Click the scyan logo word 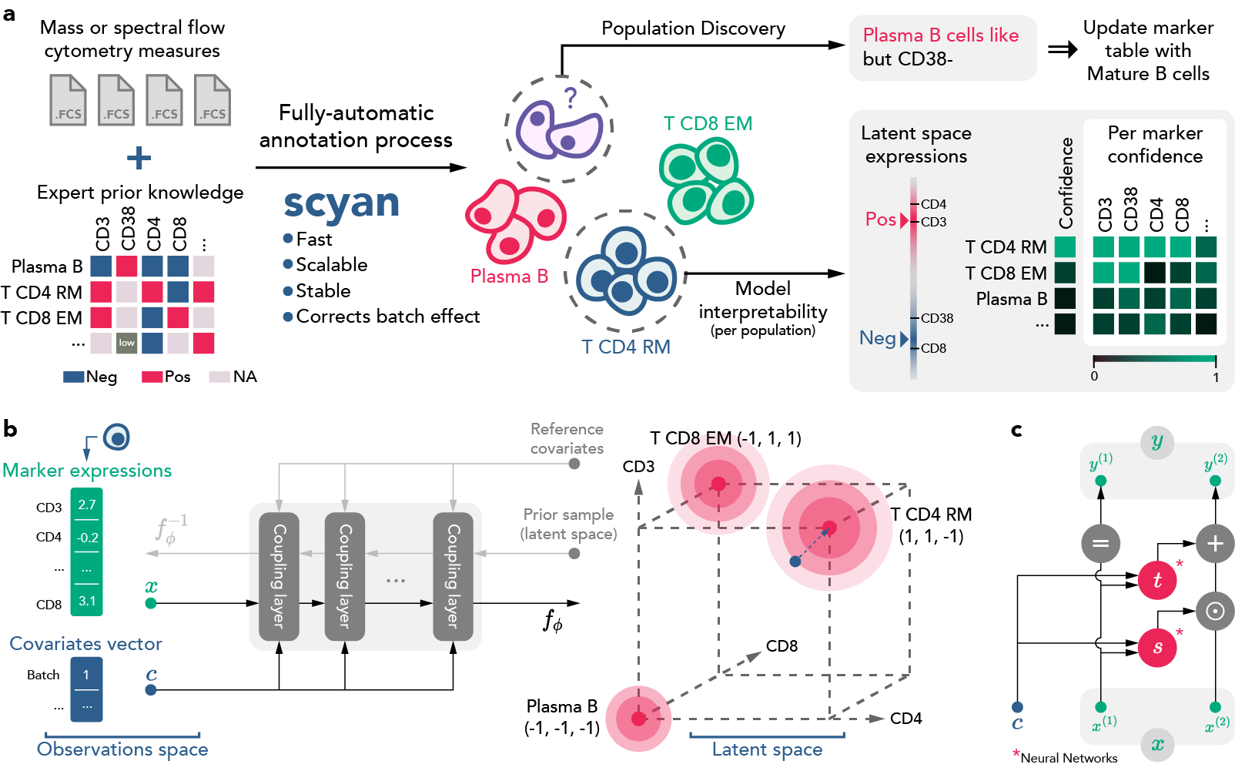pyautogui.click(x=341, y=203)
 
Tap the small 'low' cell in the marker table pyautogui.click(x=126, y=343)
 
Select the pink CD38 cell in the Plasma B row pyautogui.click(x=126, y=266)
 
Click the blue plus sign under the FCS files pyautogui.click(x=139, y=158)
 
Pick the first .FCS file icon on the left pyautogui.click(x=68, y=100)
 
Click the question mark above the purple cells pyautogui.click(x=570, y=98)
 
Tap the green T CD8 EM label pyautogui.click(x=708, y=123)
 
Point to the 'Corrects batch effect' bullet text pyautogui.click(x=387, y=317)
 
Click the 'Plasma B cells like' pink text pyautogui.click(x=940, y=35)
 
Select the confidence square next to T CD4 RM pyautogui.click(x=1065, y=246)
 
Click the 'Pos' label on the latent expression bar pyautogui.click(x=880, y=220)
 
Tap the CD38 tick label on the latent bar pyautogui.click(x=936, y=318)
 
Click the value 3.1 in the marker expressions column pyautogui.click(x=86, y=601)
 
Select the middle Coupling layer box pyautogui.click(x=344, y=576)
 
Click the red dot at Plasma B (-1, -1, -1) pyautogui.click(x=638, y=719)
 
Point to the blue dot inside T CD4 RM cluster pyautogui.click(x=795, y=561)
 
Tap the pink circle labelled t pyautogui.click(x=1156, y=580)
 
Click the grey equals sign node pyautogui.click(x=1100, y=543)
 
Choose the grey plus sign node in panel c pyautogui.click(x=1214, y=543)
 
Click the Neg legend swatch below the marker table pyautogui.click(x=73, y=377)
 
